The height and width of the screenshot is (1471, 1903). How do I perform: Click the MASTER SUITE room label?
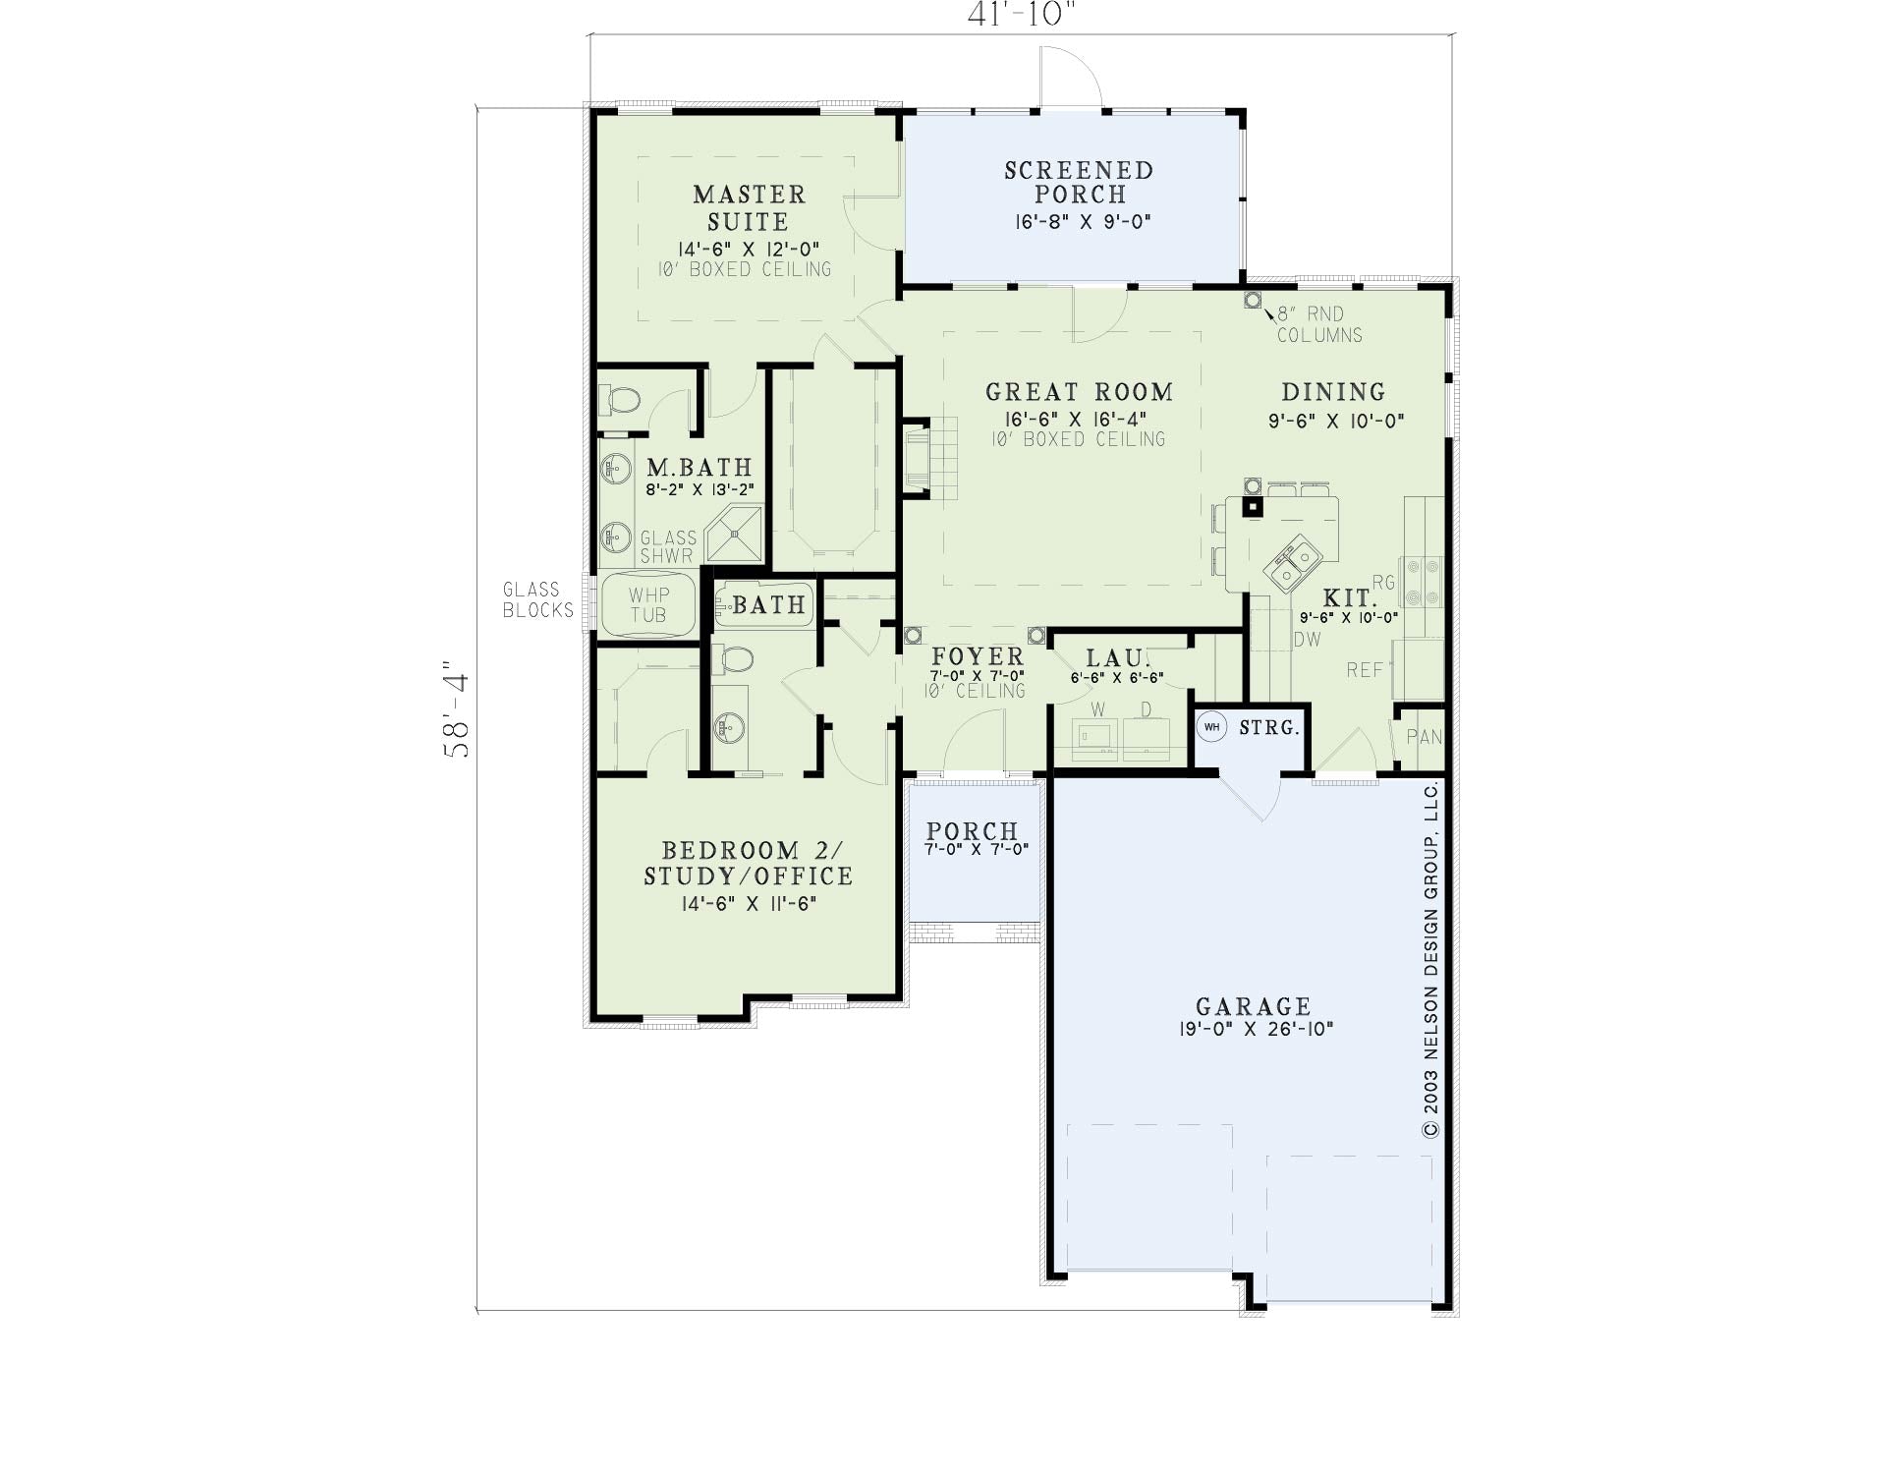click(749, 208)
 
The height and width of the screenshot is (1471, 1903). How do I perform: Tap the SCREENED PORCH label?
click(1079, 183)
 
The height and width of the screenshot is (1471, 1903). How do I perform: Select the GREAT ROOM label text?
click(1079, 392)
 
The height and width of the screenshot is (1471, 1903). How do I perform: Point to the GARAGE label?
click(1254, 1006)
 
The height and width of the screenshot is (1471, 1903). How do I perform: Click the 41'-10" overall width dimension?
click(1022, 14)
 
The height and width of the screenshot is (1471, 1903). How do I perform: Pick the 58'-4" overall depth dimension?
click(457, 707)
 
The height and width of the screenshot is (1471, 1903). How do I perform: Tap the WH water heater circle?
click(1211, 727)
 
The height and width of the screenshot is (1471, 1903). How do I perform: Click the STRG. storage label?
click(1269, 728)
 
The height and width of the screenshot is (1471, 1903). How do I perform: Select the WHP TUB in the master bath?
click(648, 605)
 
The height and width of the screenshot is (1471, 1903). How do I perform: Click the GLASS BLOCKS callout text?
click(538, 599)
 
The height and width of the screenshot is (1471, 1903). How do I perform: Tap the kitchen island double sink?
click(1293, 562)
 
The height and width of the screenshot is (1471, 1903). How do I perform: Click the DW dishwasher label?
click(1308, 639)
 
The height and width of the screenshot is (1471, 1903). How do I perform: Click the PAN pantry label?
click(1424, 736)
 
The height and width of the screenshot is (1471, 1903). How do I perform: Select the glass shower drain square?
click(733, 534)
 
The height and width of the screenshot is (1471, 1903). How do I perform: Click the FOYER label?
click(978, 656)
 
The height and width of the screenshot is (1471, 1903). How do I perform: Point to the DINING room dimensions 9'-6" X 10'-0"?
click(1336, 421)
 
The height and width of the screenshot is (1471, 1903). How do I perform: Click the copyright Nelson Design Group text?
click(1430, 959)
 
